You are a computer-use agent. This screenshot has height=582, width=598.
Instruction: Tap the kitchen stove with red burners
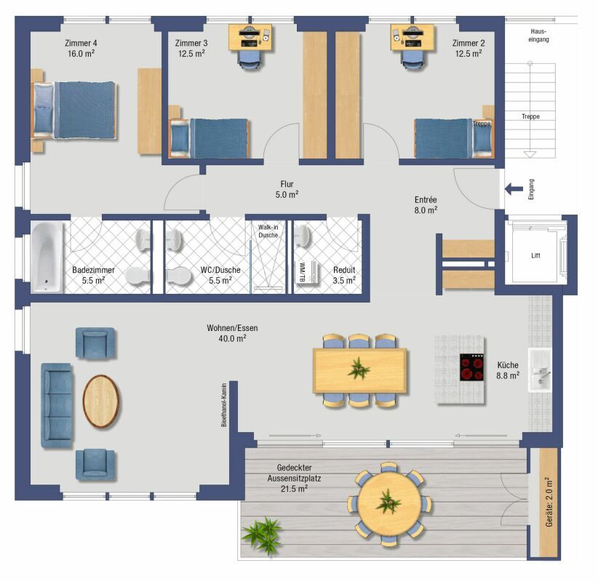click(x=472, y=367)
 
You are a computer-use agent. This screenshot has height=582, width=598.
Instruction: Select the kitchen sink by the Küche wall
click(x=541, y=370)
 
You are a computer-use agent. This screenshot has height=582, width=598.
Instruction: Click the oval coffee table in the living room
click(x=102, y=401)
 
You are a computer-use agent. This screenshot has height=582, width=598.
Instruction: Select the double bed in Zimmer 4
click(x=74, y=109)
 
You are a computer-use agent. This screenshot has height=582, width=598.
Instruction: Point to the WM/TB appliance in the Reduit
click(x=305, y=271)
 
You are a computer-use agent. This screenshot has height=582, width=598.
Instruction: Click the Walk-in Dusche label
click(x=268, y=231)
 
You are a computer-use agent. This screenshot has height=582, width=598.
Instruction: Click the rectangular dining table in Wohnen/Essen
click(x=359, y=370)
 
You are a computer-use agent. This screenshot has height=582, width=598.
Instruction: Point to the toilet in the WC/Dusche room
click(x=178, y=276)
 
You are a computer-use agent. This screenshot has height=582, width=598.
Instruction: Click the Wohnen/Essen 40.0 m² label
click(x=232, y=332)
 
